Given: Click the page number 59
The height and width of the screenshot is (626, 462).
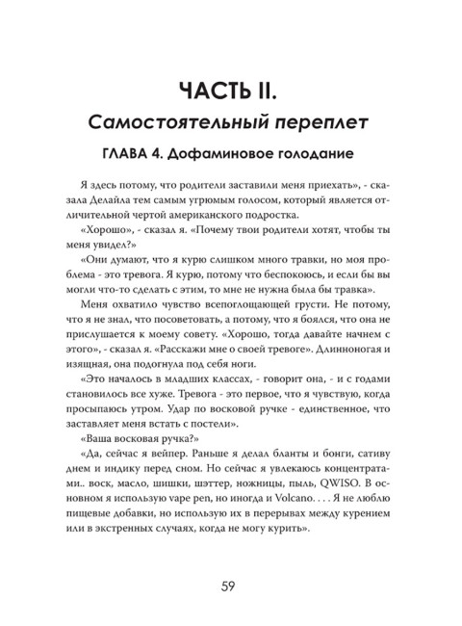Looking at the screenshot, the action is tap(230, 585).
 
